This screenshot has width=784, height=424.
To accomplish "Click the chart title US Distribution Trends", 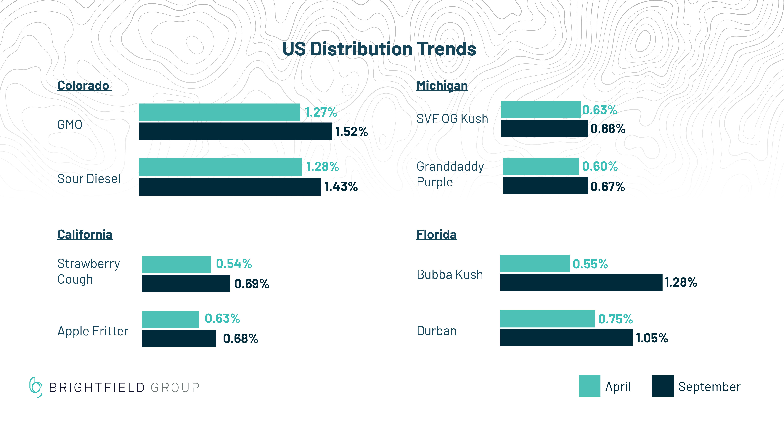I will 379,49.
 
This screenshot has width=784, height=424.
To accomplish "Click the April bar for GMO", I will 219,112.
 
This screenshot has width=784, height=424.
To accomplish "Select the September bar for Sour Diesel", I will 230,187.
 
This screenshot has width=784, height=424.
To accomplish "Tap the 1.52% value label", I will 352,132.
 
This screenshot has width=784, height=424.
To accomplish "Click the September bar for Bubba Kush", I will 581,283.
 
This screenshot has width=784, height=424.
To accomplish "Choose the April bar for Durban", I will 547,319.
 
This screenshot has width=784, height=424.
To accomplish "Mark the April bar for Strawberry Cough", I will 176,264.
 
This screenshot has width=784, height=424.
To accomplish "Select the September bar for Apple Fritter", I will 179,339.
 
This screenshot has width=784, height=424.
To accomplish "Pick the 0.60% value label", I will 600,166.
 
